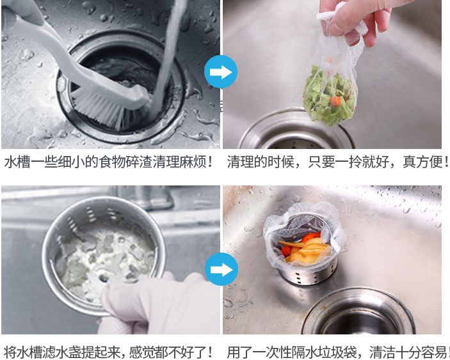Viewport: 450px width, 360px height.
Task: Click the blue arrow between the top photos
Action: [x=221, y=72]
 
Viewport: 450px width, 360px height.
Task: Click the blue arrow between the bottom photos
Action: [x=221, y=269]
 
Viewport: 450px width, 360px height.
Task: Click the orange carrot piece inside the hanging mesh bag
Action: [x=335, y=101]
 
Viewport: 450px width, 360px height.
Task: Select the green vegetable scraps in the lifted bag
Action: [x=330, y=97]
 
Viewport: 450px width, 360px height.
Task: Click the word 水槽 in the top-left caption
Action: [x=17, y=162]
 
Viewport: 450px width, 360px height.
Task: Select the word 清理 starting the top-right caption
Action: [x=240, y=162]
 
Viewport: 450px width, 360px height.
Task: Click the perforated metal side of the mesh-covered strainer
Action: [x=307, y=274]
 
